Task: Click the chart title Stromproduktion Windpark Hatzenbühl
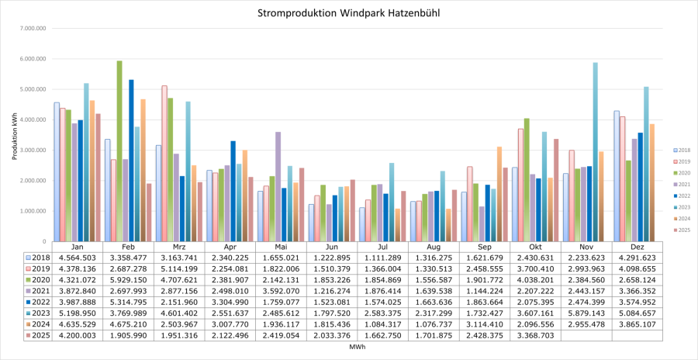click(350, 14)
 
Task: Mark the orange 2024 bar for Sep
click(499, 194)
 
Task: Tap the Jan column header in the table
click(77, 247)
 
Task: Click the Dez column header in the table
click(638, 247)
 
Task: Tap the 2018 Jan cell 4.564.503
click(77, 258)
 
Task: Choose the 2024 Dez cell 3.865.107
click(638, 325)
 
